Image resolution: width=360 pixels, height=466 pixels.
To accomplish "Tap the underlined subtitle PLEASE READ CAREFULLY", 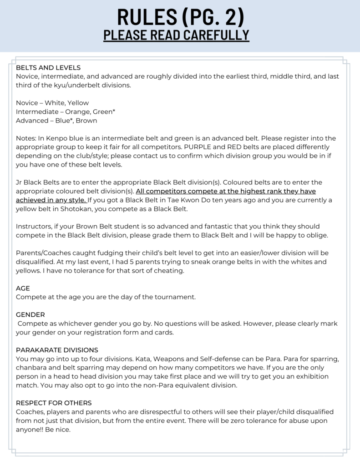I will click(176, 35).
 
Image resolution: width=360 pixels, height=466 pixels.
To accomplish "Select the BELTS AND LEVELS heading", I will click(48, 68).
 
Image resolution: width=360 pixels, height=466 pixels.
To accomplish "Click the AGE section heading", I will click(23, 288).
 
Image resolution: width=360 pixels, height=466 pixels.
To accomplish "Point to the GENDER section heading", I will click(30, 314).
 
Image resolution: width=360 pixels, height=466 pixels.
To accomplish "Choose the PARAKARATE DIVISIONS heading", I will click(57, 350).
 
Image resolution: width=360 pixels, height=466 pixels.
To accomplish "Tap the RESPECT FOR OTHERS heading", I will click(54, 403).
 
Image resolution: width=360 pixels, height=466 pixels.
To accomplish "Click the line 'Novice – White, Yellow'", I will click(52, 103).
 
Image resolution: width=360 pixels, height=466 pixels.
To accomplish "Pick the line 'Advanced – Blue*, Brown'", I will click(56, 121).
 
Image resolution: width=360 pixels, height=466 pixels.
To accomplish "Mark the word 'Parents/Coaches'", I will click(44, 253).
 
